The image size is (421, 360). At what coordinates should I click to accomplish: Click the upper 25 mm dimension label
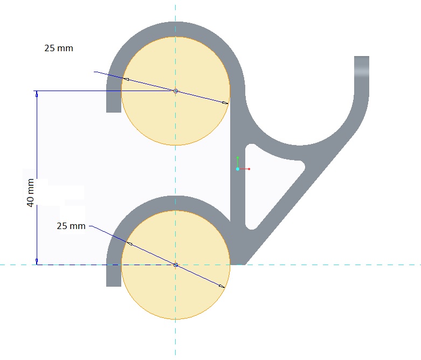[x=59, y=49]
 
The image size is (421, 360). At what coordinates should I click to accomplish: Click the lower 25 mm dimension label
[x=71, y=226]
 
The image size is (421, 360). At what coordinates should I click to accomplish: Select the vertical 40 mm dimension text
[x=30, y=192]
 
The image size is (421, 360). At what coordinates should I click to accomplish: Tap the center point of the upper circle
[x=176, y=91]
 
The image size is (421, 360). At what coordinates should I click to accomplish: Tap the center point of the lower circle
[x=176, y=265]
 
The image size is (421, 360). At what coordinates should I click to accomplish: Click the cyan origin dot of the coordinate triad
[x=238, y=169]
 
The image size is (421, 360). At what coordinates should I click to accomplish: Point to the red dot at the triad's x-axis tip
[x=249, y=169]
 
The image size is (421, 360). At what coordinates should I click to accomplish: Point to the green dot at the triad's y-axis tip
[x=238, y=157]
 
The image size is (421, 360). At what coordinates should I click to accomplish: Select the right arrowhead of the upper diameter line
[x=225, y=102]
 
